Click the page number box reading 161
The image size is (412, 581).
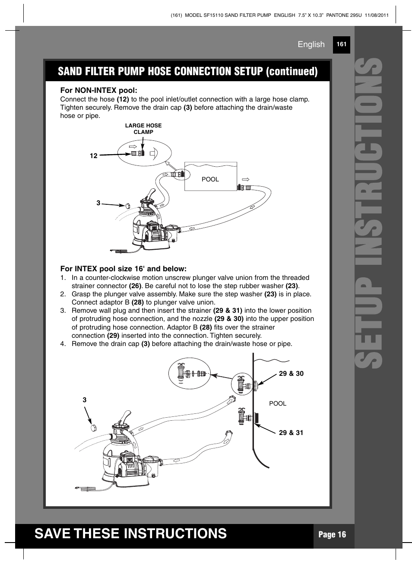point(341,44)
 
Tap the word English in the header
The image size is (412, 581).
point(311,44)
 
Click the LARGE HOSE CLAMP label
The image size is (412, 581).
point(143,129)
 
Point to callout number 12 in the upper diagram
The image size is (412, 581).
point(94,156)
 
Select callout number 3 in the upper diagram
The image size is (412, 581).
point(98,203)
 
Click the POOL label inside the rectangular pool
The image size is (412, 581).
point(210,179)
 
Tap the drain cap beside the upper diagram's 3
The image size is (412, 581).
point(128,206)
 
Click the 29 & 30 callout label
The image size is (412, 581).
point(291,374)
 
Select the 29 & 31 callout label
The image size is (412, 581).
point(291,432)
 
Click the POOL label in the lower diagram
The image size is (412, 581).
point(278,403)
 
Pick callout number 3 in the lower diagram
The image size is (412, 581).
point(85,400)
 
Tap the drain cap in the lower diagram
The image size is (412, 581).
point(93,428)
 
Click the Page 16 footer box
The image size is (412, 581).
point(332,534)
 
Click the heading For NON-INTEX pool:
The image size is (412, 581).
point(98,90)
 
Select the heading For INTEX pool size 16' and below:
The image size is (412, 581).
point(123,269)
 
